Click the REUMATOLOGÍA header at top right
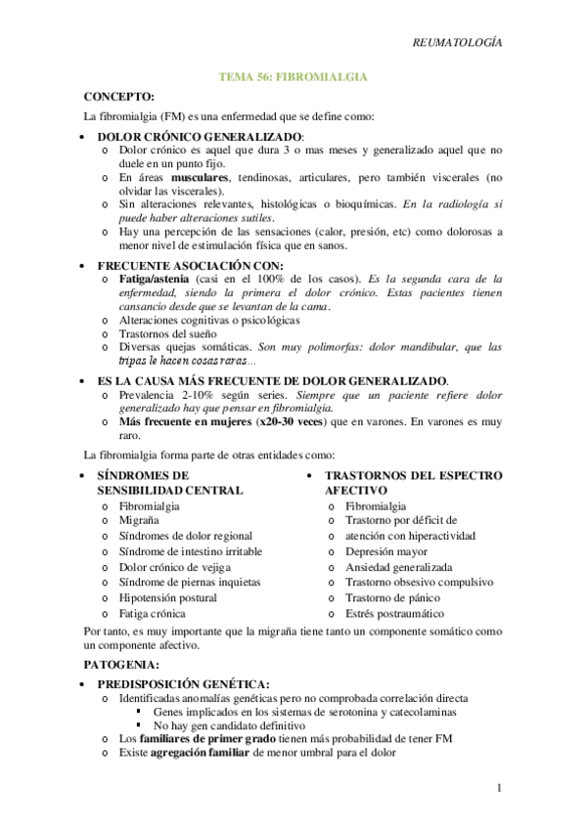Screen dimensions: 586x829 click(x=457, y=43)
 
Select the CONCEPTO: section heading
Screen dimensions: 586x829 click(x=119, y=97)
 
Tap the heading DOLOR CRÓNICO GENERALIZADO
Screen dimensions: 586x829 click(x=201, y=136)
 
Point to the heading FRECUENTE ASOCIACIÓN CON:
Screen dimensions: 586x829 click(x=191, y=265)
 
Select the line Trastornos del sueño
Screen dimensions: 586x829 click(x=167, y=333)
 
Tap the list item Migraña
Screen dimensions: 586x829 click(x=141, y=521)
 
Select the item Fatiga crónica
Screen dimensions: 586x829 click(x=152, y=613)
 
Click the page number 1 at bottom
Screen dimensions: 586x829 click(x=499, y=788)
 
